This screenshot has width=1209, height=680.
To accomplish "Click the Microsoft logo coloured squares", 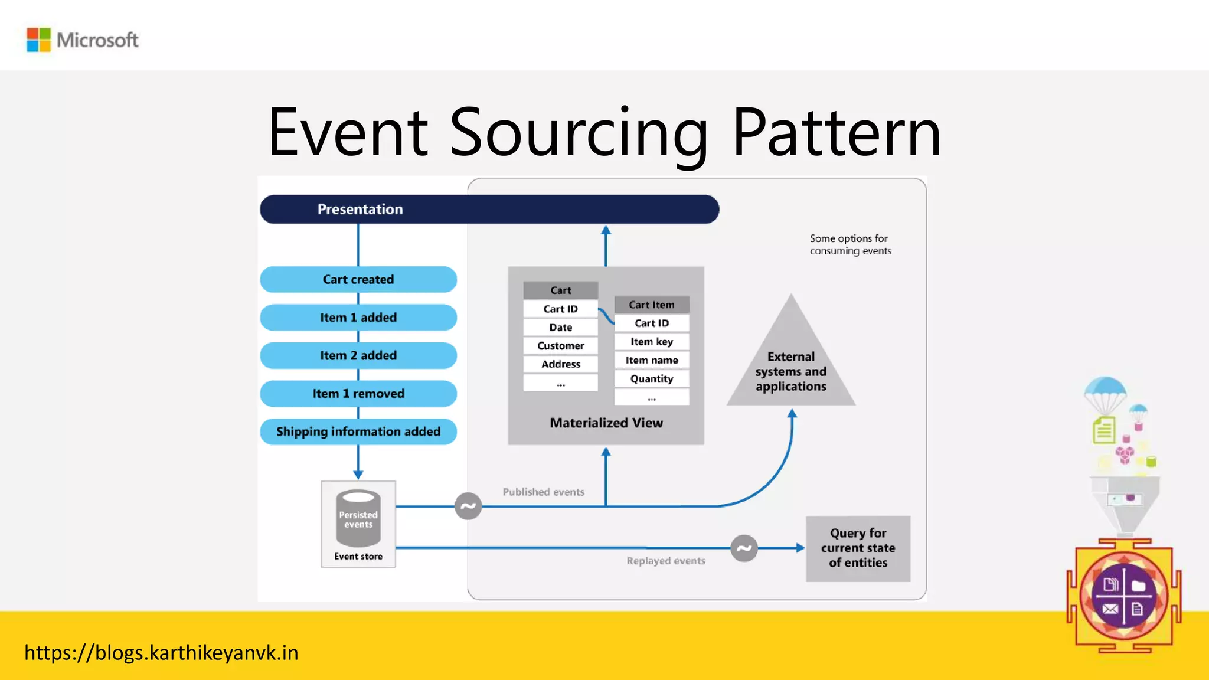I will click(x=39, y=40).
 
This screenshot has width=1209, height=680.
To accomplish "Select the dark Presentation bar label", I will click(x=360, y=210).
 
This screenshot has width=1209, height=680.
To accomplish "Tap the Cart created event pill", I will click(x=358, y=280).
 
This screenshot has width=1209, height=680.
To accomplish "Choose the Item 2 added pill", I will click(x=358, y=356).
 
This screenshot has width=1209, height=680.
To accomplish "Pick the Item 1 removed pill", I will click(x=358, y=394).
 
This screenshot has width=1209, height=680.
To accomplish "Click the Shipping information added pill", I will click(x=358, y=432).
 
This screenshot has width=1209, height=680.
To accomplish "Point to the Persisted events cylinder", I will click(x=358, y=518).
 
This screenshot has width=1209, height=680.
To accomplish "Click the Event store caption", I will click(x=358, y=557).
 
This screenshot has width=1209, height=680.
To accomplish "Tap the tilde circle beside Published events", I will click(x=468, y=506).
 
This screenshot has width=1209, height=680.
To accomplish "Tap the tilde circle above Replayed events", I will click(x=744, y=548).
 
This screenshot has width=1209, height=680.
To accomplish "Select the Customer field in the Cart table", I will click(x=560, y=346).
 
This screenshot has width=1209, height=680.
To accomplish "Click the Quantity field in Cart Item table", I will click(x=651, y=379).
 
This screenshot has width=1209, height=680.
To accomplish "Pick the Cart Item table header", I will click(x=651, y=305).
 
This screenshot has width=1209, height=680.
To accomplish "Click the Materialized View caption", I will click(x=606, y=423).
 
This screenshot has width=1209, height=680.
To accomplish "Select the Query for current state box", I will click(x=858, y=548).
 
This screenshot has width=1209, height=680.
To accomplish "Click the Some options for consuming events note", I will click(x=850, y=245).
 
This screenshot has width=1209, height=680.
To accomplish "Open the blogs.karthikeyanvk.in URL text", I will click(x=161, y=653).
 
